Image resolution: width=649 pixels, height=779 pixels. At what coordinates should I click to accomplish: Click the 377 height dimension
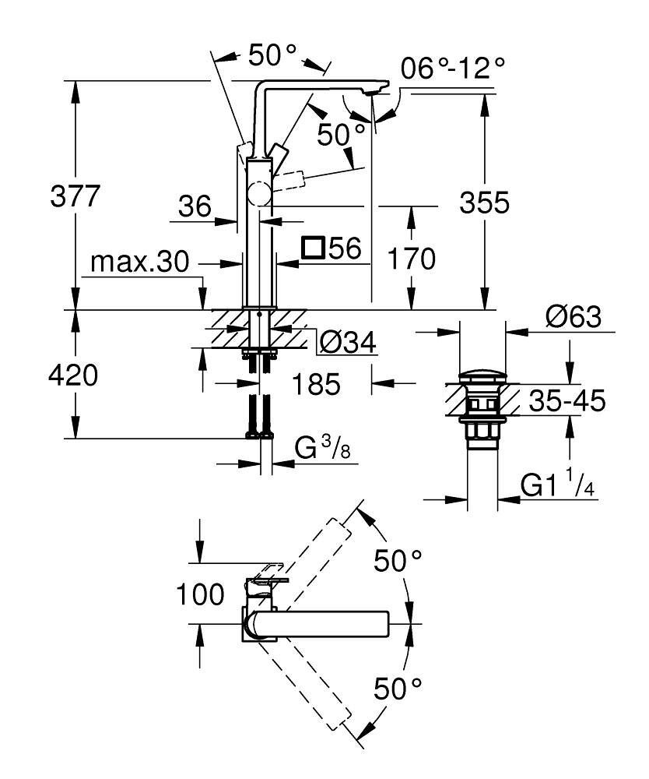tap(75, 196)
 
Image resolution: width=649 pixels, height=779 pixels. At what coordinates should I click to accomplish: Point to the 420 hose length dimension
tap(73, 376)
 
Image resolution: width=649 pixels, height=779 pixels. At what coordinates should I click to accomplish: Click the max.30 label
tap(139, 263)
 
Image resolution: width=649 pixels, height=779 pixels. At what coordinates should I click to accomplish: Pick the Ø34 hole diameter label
tap(348, 341)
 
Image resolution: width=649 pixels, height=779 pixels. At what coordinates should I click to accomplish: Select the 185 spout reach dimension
tap(315, 383)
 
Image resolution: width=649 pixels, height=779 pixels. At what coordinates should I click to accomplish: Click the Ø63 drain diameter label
tap(572, 317)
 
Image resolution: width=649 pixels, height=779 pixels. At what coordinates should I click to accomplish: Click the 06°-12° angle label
tap(453, 69)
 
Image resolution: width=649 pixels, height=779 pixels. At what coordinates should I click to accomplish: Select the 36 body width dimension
tap(194, 206)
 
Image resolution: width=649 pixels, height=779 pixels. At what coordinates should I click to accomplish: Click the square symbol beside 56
tap(314, 248)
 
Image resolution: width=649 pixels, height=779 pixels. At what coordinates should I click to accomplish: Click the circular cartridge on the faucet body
tap(259, 194)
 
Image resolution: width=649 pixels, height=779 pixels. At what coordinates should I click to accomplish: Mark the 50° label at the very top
tap(272, 54)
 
